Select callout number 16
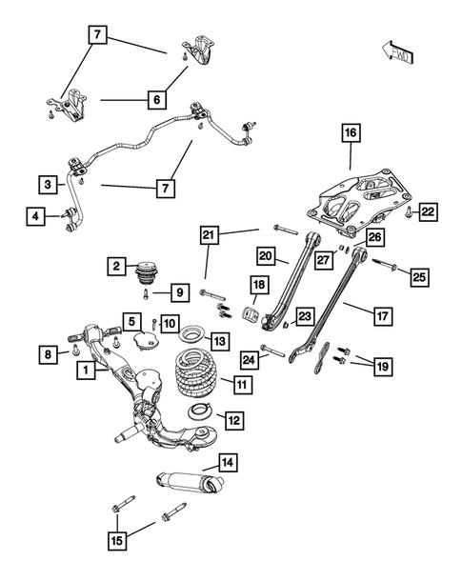tap(350, 133)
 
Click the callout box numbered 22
tap(428, 211)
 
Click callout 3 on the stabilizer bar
tap(47, 183)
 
